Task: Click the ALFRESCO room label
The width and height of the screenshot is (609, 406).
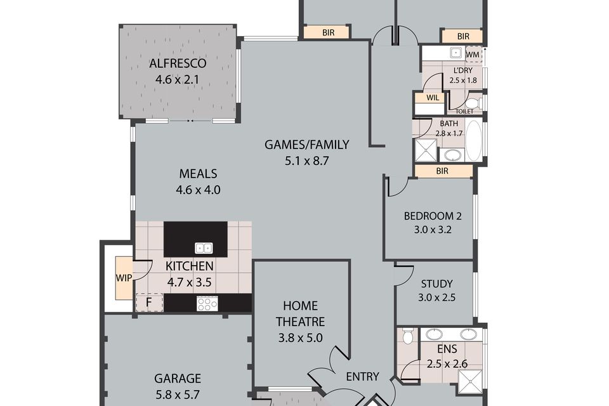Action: pos(178,63)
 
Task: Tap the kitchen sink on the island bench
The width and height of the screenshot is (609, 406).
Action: pos(204,248)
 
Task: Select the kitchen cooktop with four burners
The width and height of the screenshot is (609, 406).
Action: pos(207,303)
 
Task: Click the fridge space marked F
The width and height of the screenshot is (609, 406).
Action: pos(148,302)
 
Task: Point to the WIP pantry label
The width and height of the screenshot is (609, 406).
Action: pos(124,278)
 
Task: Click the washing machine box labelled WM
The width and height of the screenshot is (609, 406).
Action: pos(473,55)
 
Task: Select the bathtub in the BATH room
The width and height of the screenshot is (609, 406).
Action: pos(473,140)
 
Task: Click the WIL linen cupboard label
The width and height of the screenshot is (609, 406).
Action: pos(433,98)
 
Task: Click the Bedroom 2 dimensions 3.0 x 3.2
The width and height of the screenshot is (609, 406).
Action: pos(432,230)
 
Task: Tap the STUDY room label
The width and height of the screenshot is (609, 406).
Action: pos(436,284)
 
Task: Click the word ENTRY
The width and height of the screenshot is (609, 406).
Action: pos(362,376)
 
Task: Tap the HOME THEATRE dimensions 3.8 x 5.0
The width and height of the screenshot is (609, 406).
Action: pos(300,338)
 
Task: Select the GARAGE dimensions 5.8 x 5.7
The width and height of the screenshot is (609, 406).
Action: pos(178,395)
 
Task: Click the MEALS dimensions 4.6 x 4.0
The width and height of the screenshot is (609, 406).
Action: pos(198,190)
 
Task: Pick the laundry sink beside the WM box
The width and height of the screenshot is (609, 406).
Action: pos(455,53)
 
